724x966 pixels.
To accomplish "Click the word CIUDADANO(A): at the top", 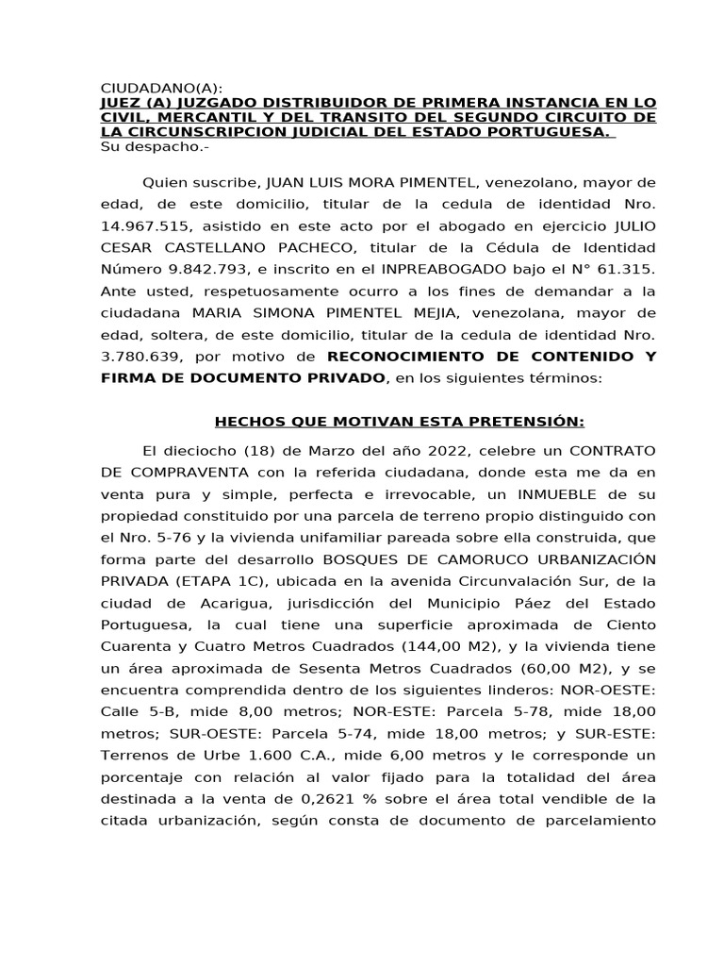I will [161, 87].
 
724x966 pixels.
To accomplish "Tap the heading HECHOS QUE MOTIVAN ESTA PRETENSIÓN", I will [400, 421].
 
